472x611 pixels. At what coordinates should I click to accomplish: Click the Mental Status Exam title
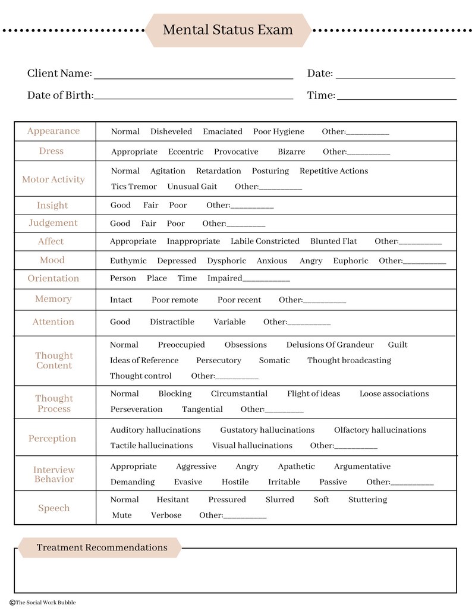click(x=228, y=30)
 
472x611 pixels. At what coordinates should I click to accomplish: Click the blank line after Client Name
click(x=193, y=75)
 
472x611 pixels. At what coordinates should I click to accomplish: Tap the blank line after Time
click(x=397, y=96)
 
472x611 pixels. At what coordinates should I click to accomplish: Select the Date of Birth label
click(x=60, y=95)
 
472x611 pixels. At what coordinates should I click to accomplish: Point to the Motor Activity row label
click(x=54, y=179)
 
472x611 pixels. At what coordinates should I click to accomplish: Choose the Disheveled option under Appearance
click(x=171, y=131)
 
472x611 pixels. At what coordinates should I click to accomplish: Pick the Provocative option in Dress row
click(x=236, y=152)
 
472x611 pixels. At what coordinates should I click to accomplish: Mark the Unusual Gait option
click(x=192, y=187)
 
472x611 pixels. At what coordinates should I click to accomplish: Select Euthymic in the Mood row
click(x=128, y=261)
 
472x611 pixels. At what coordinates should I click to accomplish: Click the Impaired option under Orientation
click(x=225, y=278)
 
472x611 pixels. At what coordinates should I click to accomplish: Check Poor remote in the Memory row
click(x=175, y=300)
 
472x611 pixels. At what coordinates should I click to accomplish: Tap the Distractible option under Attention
click(x=172, y=322)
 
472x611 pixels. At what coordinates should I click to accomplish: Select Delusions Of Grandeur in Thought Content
click(x=330, y=345)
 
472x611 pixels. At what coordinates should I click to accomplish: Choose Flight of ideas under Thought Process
click(x=313, y=393)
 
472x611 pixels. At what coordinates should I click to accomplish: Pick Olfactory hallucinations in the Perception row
click(x=380, y=430)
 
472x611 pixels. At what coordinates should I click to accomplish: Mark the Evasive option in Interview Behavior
click(x=188, y=482)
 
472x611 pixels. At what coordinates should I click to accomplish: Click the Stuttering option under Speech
click(x=367, y=500)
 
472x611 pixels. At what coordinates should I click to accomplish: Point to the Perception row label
click(x=52, y=439)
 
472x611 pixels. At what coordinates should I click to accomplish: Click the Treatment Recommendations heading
click(x=102, y=547)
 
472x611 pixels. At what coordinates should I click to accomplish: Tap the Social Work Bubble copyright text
click(x=43, y=602)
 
